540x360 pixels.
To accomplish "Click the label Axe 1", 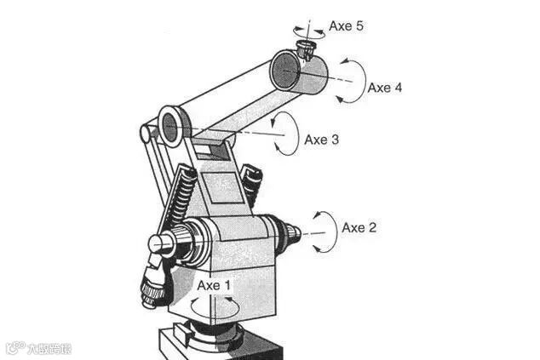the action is click(x=213, y=285).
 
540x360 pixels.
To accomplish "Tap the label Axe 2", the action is click(x=359, y=227).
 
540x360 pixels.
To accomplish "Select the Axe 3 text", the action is click(x=322, y=140).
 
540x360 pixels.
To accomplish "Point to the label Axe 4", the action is click(x=385, y=87).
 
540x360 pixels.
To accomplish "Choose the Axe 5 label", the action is click(x=347, y=26).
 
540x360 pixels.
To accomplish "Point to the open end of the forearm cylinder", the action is click(x=283, y=71).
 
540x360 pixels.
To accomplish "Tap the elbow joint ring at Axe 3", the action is click(x=169, y=126).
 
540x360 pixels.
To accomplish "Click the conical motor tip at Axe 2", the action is click(x=292, y=231).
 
